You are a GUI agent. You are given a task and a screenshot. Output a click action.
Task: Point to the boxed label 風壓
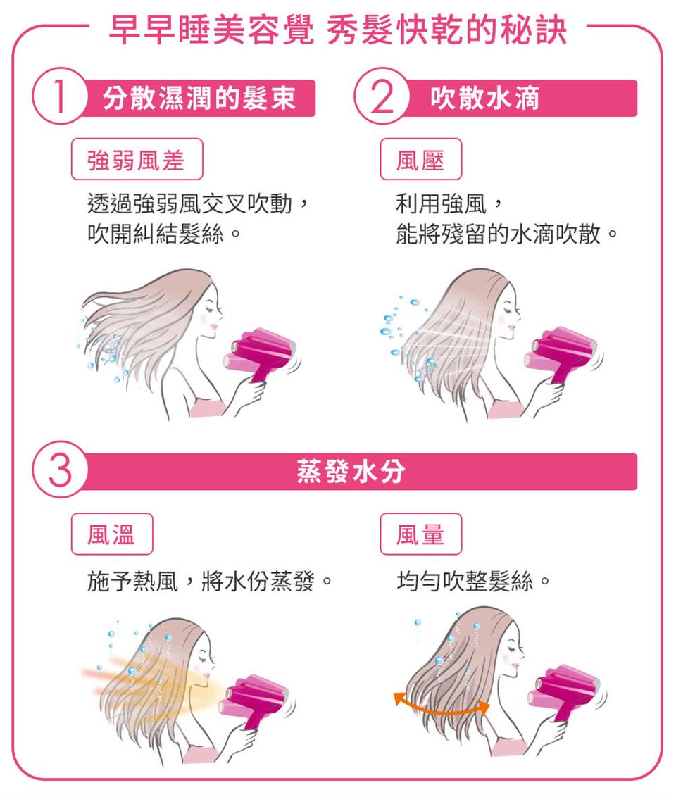pos(420,161)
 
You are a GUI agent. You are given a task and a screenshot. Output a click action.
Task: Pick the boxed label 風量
pos(420,535)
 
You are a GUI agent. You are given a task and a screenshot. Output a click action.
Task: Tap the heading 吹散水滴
pos(485,99)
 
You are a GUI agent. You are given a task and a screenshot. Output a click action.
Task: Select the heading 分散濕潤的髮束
pos(199,99)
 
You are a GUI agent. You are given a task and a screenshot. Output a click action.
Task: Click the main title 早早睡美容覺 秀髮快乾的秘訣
pos(337,30)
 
